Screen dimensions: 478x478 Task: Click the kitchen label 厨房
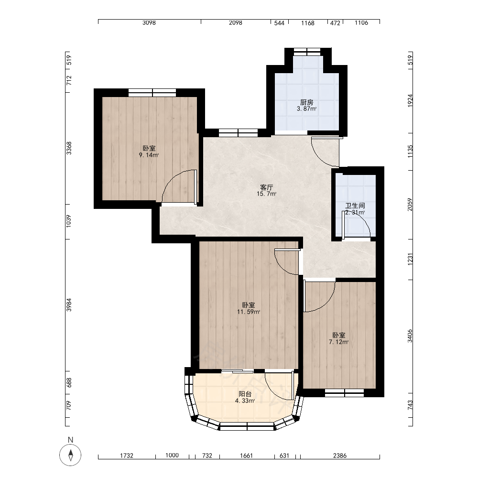307,102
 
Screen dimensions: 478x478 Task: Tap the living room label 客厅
266,187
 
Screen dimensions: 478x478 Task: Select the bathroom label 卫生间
355,206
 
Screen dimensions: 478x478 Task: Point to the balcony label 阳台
245,394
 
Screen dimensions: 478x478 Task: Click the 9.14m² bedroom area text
149,155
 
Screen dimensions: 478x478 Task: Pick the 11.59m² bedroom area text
249,312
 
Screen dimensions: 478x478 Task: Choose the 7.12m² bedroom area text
339,342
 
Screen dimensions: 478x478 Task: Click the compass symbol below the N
70,455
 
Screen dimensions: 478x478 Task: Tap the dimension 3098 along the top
149,22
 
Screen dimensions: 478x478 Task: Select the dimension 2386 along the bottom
340,456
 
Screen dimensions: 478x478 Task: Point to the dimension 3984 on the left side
69,305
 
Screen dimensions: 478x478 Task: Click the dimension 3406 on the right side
410,336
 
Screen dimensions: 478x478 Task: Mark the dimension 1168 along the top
308,23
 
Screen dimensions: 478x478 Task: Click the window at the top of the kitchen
307,52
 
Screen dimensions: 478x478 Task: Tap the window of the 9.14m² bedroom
152,93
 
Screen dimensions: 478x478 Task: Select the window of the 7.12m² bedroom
345,392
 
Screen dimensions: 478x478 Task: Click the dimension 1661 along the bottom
246,456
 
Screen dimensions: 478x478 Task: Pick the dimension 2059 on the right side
410,204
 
